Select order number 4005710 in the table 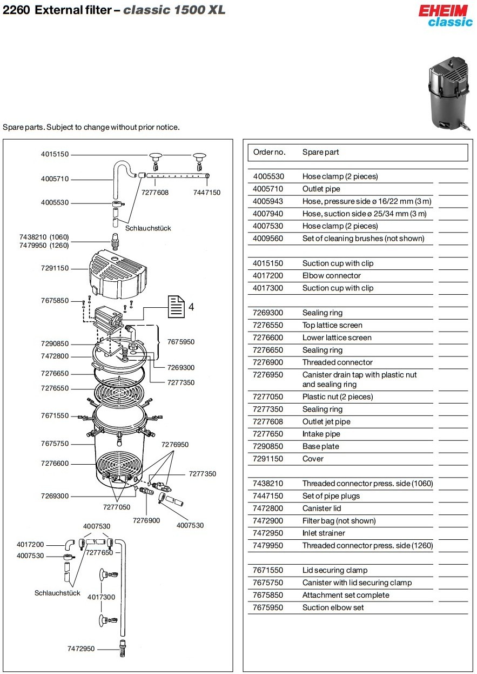point(268,189)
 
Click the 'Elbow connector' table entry point(332,276)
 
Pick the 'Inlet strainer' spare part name point(324,533)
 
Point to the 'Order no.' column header point(269,152)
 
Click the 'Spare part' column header point(321,152)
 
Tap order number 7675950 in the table point(268,607)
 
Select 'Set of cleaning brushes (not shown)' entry point(363,239)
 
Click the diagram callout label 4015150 point(55,154)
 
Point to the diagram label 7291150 point(55,268)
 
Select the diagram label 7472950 point(81,649)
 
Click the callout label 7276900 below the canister point(147,520)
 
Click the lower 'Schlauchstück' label point(57,593)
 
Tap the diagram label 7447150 point(207,193)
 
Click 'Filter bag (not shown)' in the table point(339,521)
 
